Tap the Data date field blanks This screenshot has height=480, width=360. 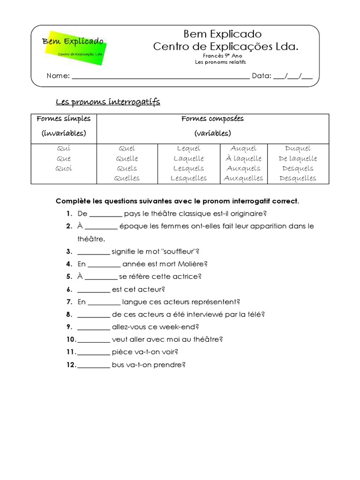293,77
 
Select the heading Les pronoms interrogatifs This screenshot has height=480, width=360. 108,102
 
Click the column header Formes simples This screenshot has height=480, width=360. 64,119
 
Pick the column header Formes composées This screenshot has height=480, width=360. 212,119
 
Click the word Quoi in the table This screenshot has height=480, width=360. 63,168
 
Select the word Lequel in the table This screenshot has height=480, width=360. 188,149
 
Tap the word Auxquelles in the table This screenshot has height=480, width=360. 243,178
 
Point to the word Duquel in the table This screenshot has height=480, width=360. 298,149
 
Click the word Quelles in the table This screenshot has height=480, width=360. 127,178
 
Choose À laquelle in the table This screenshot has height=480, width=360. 243,158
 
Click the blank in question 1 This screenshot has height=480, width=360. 105,214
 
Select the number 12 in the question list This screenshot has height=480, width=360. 71,365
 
